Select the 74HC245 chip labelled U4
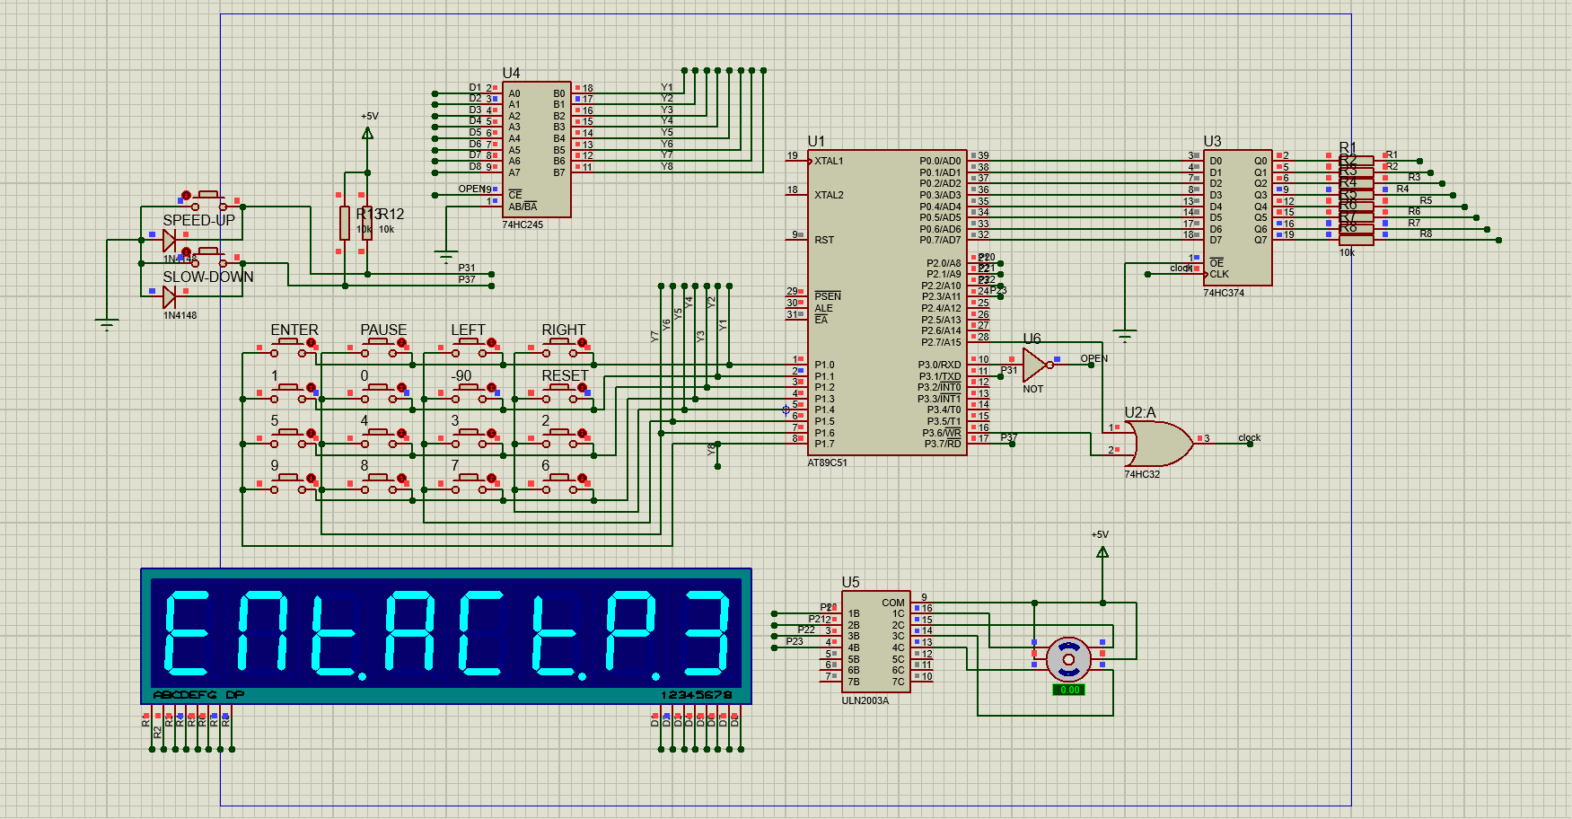point(537,149)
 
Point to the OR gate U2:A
point(1158,443)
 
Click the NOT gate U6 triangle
point(1033,365)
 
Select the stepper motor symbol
point(1068,660)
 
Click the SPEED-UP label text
point(198,220)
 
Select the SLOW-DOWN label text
point(207,277)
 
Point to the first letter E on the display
point(187,632)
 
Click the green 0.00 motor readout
point(1068,690)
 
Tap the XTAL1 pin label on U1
point(829,162)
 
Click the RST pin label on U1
point(824,240)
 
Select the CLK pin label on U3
point(1218,274)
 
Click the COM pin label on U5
point(892,603)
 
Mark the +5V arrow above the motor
point(1102,551)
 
